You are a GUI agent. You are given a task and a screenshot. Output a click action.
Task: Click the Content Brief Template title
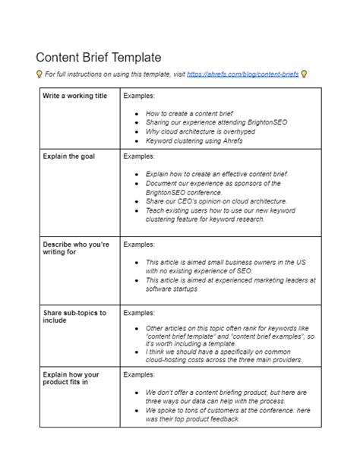(x=99, y=58)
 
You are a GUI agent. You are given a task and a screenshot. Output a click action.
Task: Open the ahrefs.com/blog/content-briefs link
(x=242, y=74)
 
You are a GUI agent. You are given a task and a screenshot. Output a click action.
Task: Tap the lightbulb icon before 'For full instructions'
(x=39, y=74)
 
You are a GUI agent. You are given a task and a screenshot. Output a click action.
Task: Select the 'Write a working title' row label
(x=75, y=96)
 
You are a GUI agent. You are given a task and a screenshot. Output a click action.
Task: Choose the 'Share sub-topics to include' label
(x=74, y=316)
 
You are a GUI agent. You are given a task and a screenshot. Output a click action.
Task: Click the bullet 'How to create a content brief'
(x=191, y=112)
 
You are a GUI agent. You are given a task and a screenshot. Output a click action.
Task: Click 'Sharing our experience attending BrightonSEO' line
(x=216, y=121)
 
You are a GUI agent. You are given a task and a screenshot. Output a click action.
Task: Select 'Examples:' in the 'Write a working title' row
(x=139, y=96)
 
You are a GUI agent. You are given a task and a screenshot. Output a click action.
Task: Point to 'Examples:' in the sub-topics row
(x=139, y=312)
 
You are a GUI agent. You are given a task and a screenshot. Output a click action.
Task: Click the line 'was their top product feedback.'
(x=193, y=419)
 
